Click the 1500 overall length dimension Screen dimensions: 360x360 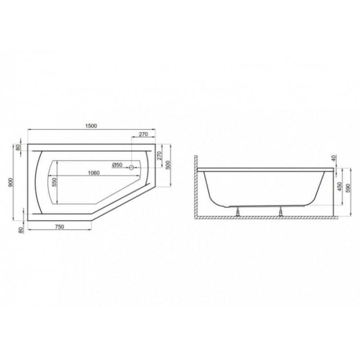click(x=91, y=126)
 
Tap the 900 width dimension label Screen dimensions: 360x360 click(x=11, y=182)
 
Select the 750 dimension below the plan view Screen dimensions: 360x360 click(x=59, y=227)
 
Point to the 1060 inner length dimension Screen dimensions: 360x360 click(x=94, y=173)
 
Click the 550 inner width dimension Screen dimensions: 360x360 click(x=54, y=182)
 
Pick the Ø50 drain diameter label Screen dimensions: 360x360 click(x=117, y=165)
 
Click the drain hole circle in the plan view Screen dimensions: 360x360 click(x=132, y=168)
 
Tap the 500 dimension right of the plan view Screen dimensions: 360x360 click(x=168, y=165)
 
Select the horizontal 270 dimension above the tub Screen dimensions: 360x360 click(x=143, y=134)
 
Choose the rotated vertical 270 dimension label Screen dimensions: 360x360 click(x=159, y=156)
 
